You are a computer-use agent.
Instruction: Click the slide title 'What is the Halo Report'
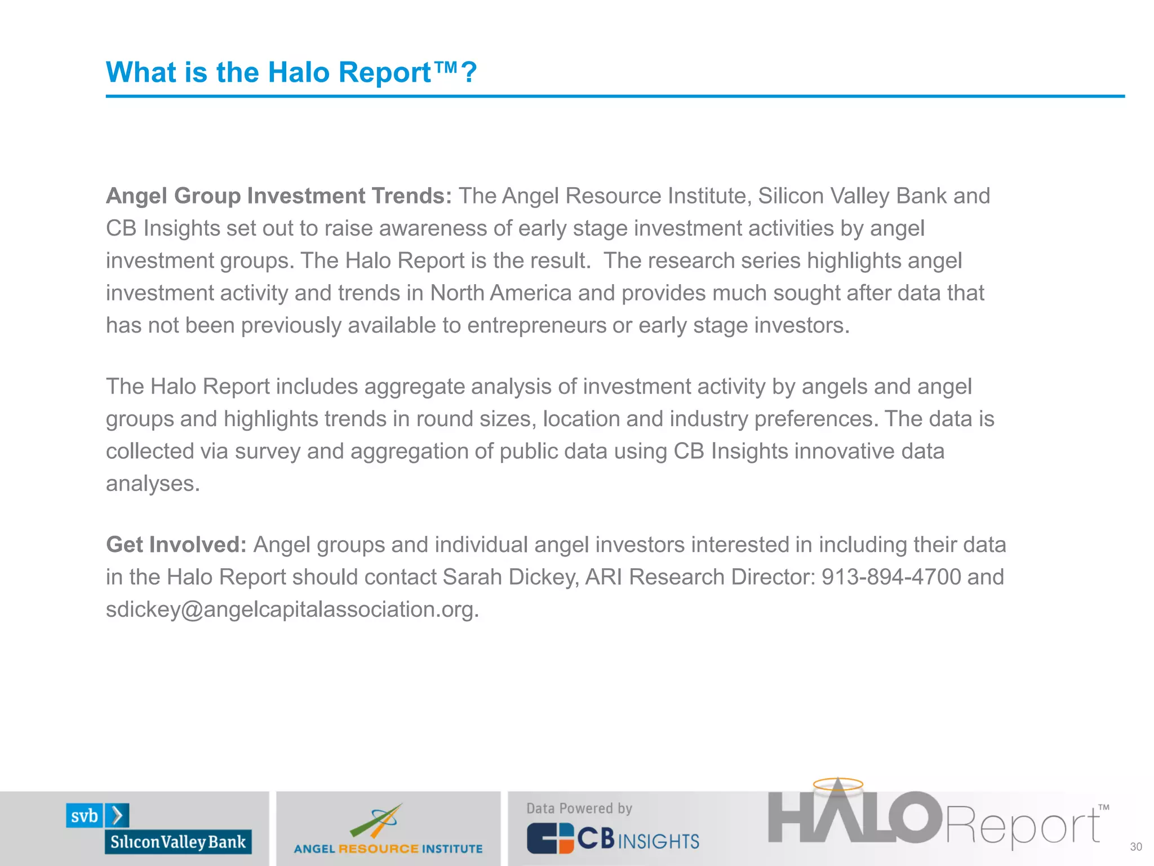[x=291, y=73]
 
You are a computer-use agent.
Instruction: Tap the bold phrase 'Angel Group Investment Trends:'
[x=279, y=196]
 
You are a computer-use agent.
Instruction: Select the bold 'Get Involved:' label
[x=176, y=545]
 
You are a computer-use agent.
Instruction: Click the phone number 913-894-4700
[x=891, y=577]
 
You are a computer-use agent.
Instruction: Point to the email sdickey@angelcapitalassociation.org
[x=292, y=609]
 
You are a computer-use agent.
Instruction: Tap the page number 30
[x=1136, y=846]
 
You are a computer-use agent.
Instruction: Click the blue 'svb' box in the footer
[x=85, y=816]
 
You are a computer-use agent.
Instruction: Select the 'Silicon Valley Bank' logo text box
[x=178, y=842]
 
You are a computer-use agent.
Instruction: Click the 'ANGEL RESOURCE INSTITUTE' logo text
[x=388, y=849]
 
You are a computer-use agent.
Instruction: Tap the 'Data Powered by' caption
[x=579, y=808]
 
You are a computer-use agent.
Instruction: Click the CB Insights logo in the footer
[x=613, y=839]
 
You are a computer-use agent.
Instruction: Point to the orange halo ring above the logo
[x=838, y=784]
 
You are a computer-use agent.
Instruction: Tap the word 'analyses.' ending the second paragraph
[x=153, y=484]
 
